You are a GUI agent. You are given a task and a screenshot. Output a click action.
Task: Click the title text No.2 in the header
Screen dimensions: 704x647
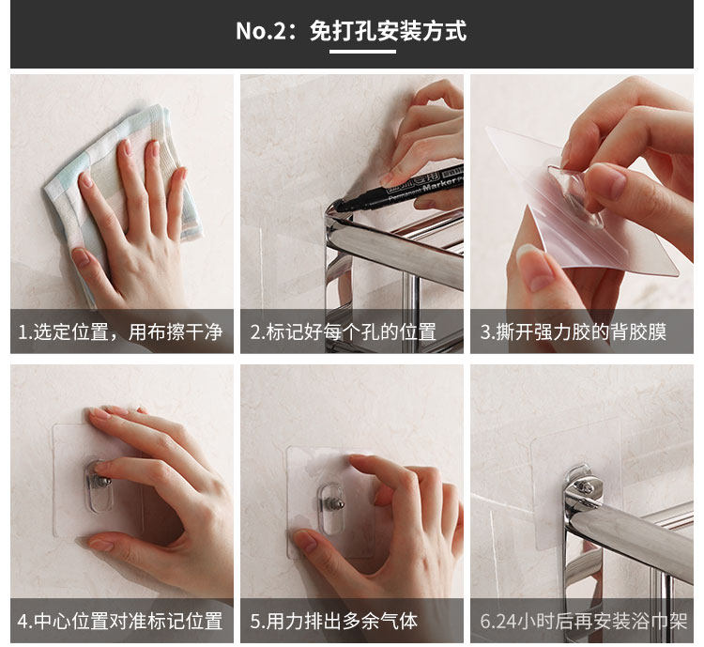pos(261,31)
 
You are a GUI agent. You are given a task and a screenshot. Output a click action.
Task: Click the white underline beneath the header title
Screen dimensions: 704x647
pos(362,52)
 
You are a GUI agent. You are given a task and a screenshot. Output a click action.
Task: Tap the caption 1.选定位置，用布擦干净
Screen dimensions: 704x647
pos(120,332)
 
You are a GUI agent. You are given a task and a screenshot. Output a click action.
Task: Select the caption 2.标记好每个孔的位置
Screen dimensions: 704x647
pos(344,332)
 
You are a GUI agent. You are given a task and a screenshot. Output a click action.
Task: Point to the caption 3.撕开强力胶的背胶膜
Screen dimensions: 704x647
pos(574,332)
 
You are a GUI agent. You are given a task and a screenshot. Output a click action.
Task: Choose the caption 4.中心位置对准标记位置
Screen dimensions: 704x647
pos(120,621)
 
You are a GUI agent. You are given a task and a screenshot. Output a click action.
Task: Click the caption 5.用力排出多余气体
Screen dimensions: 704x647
pos(334,621)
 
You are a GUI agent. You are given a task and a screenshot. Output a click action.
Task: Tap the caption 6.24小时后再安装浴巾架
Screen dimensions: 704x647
pos(584,621)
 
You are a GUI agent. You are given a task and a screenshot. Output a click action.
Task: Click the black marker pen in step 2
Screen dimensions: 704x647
pos(400,190)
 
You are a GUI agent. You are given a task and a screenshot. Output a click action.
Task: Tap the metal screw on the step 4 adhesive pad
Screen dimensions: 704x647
pos(103,483)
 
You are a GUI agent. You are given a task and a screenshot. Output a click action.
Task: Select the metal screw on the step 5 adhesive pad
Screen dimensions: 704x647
pos(337,504)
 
